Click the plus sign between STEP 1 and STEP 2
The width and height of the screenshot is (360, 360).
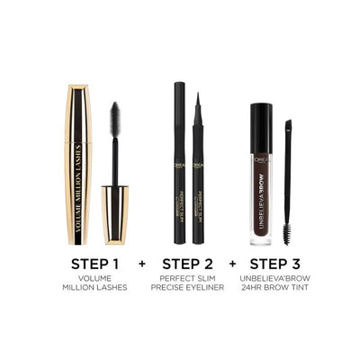[x=140, y=266]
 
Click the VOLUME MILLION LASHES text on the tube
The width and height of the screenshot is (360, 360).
[x=78, y=184]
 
